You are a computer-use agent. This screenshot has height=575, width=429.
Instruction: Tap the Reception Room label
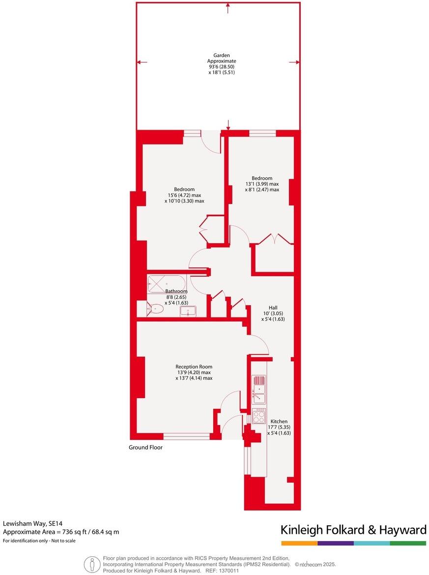pyautogui.click(x=194, y=367)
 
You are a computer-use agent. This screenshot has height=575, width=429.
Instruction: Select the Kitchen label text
pyautogui.click(x=279, y=422)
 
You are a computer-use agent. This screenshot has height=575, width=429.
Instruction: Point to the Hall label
pyautogui.click(x=273, y=308)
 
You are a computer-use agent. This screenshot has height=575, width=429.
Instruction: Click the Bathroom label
pyautogui.click(x=176, y=291)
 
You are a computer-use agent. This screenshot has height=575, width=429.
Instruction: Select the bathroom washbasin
pyautogui.click(x=188, y=310)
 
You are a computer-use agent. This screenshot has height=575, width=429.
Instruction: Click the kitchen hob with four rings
pyautogui.click(x=258, y=416)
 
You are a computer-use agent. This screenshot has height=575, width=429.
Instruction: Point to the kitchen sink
pyautogui.click(x=258, y=395)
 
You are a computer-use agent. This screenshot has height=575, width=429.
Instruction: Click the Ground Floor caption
pyautogui.click(x=145, y=448)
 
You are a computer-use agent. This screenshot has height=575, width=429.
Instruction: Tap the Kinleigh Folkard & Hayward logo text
pyautogui.click(x=353, y=530)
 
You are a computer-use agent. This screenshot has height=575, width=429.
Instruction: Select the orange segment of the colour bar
pyautogui.click(x=299, y=543)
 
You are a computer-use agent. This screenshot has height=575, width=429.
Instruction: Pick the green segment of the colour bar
pyautogui.click(x=408, y=543)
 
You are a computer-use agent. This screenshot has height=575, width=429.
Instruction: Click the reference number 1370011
pyautogui.click(x=229, y=571)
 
